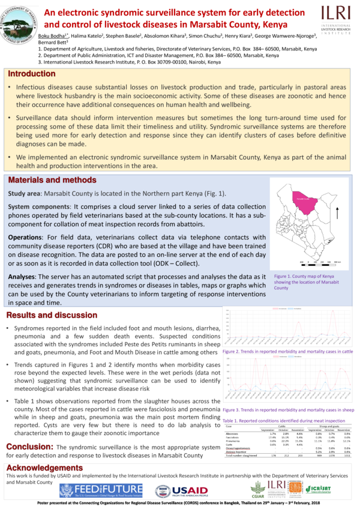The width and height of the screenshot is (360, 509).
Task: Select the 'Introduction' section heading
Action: [x=31, y=73]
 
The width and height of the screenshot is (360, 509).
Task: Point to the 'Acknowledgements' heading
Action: [x=44, y=467]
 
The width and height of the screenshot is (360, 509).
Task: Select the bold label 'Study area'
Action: [x=25, y=194]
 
